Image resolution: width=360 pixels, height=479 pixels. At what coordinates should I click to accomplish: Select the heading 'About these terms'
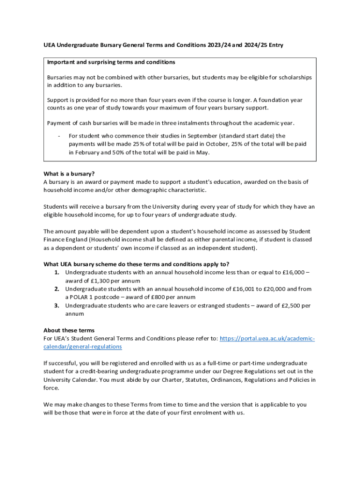pyautogui.click(x=69, y=330)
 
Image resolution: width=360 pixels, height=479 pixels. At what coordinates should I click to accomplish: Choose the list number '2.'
pyautogui.click(x=56, y=289)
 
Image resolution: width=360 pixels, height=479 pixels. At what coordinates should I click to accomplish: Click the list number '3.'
pyautogui.click(x=56, y=306)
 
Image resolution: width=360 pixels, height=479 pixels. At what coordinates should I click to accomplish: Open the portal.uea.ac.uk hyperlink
pyautogui.click(x=267, y=338)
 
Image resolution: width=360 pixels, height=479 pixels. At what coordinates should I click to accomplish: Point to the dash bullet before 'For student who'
pyautogui.click(x=58, y=136)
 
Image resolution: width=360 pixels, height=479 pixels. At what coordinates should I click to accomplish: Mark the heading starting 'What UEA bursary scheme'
pyautogui.click(x=136, y=264)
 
